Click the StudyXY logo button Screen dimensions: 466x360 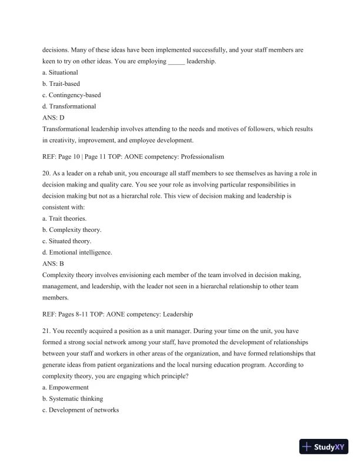click(325, 447)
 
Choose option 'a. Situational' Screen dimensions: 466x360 click(61, 72)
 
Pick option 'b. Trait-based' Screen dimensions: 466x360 click(62, 84)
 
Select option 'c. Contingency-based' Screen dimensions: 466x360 click(72, 95)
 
